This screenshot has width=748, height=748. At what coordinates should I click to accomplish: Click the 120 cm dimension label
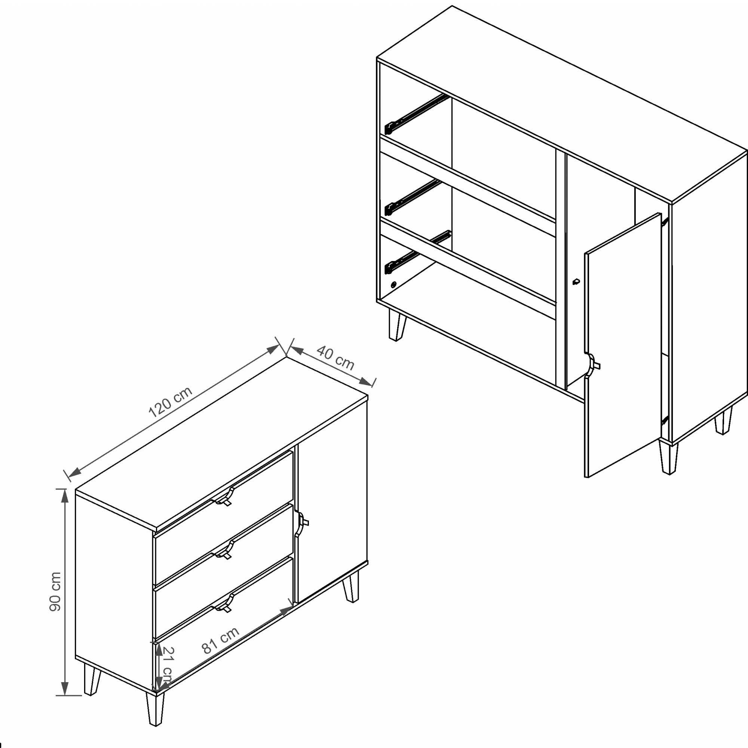click(170, 402)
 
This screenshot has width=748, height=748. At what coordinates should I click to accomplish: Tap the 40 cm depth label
click(335, 358)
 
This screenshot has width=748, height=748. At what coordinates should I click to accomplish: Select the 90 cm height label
click(55, 592)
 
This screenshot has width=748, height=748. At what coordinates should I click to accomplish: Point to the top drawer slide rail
click(416, 114)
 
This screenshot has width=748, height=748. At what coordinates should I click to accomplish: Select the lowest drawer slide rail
click(417, 252)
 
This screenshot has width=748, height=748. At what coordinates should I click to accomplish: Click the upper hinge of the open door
click(665, 222)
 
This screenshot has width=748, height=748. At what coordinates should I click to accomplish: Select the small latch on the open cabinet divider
click(576, 282)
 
